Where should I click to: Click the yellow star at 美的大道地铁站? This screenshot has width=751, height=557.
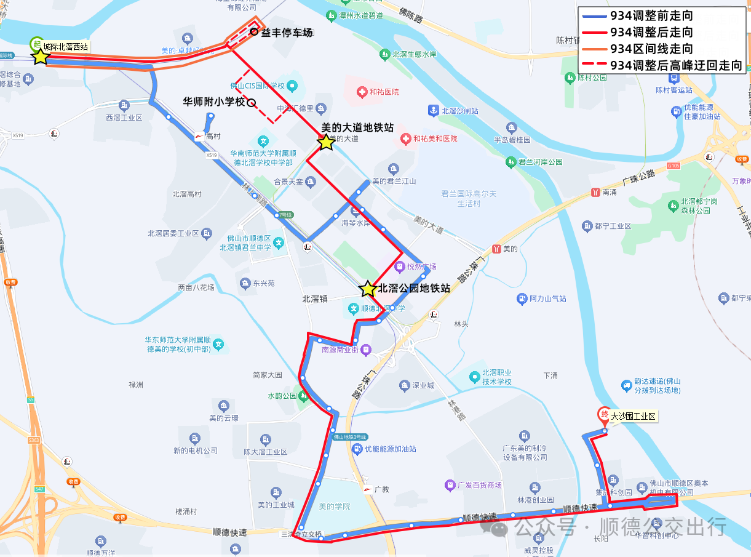(x=326, y=143)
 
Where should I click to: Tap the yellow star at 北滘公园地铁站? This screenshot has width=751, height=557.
(x=368, y=289)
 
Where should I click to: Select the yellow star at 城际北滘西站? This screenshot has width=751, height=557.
(x=41, y=57)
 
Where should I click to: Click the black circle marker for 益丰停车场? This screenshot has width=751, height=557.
(x=254, y=32)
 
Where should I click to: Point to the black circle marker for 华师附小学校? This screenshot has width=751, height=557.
(x=251, y=103)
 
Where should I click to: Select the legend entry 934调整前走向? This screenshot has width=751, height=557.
(x=651, y=15)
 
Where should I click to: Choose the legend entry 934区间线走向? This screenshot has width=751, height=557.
(x=651, y=49)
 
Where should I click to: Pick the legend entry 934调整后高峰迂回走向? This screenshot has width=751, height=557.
(x=661, y=65)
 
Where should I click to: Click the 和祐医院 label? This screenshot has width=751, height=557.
(x=384, y=92)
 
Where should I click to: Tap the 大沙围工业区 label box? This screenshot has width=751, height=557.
(x=634, y=417)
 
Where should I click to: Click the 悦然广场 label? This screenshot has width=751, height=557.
(x=421, y=266)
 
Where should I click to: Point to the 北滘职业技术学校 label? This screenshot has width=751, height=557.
(x=496, y=377)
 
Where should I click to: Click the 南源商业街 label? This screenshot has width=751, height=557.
(x=340, y=350)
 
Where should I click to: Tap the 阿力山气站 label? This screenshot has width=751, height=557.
(x=548, y=299)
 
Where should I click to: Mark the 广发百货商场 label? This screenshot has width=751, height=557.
(x=479, y=485)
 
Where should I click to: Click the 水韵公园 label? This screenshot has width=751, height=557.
(x=282, y=396)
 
